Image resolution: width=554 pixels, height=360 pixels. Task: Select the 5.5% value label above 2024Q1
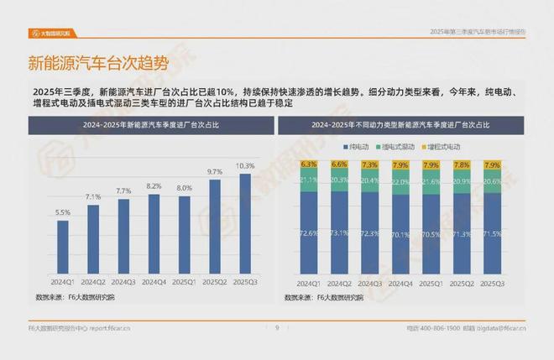coord(63,212)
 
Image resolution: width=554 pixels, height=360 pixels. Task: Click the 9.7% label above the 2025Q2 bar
coord(215,171)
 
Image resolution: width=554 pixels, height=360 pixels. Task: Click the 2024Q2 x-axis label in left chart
coord(93,281)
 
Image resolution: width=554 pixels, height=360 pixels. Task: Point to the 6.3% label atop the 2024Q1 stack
coord(308,164)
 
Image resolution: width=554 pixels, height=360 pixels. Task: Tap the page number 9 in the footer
coord(276,328)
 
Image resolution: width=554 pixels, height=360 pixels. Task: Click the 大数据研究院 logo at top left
coord(51,34)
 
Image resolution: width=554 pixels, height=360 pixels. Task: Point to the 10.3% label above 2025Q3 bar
coord(245,166)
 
